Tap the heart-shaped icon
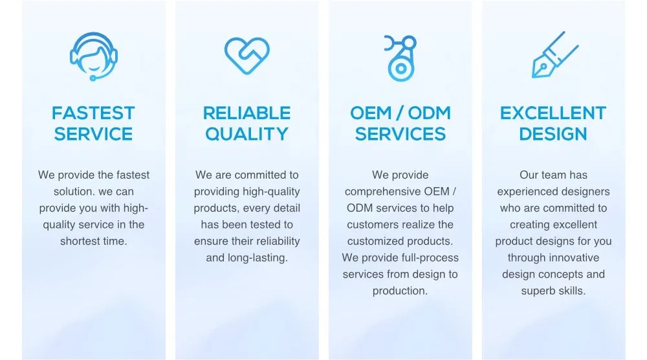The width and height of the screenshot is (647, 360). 247,55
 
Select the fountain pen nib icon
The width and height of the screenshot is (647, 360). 554,56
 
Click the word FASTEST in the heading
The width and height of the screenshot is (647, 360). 93,113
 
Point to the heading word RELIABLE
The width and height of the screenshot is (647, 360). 247,113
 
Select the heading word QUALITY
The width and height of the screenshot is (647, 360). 247,134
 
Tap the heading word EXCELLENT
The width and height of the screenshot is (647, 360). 553,113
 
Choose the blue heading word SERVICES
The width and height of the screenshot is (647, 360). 400,134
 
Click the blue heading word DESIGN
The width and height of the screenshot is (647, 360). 553,134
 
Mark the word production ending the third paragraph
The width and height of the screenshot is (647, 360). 399,291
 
